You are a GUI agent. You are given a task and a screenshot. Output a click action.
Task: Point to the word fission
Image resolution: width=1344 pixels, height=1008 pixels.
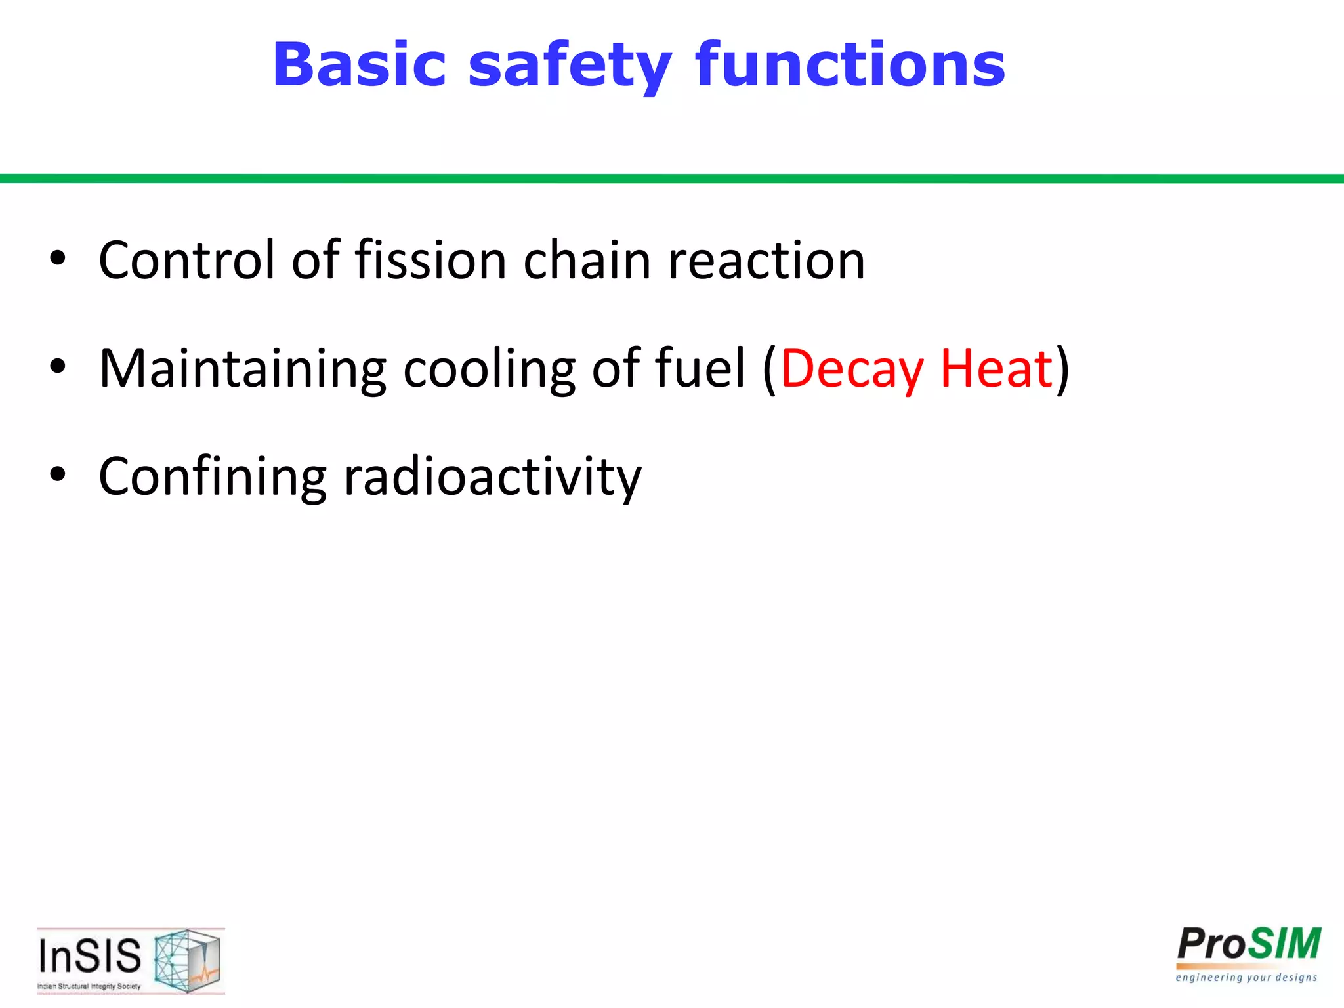430,260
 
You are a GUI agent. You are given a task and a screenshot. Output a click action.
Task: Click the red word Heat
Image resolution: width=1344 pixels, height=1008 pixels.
996,369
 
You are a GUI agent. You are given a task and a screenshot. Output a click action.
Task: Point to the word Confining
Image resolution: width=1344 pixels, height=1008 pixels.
212,477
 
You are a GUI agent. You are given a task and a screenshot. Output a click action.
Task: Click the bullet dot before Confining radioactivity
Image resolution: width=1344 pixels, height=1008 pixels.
58,474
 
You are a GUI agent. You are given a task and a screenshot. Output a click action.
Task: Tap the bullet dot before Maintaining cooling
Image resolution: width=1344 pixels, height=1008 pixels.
58,366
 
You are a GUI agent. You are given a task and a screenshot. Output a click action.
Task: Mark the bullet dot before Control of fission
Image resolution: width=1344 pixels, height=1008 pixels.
58,258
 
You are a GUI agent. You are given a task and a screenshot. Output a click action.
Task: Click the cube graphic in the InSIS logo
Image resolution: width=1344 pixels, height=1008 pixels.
188,959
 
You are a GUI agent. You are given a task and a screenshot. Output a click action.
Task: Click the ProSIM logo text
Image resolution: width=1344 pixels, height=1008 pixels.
1248,945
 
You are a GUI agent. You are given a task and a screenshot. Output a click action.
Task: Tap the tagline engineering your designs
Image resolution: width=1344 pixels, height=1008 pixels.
1246,978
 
